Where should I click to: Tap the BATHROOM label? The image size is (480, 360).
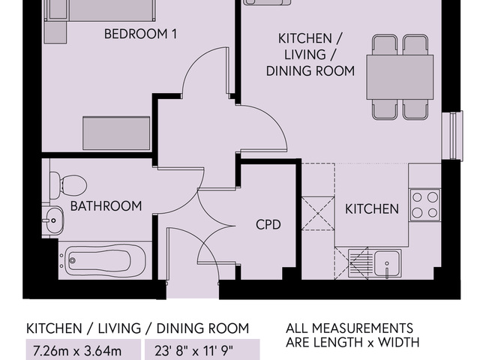coord(106,205)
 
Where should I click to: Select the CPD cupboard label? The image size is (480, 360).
coord(268,224)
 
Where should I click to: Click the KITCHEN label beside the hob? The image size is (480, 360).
coord(371,208)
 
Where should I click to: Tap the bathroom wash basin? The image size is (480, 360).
coord(52,220)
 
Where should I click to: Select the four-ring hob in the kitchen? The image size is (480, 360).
coord(425,205)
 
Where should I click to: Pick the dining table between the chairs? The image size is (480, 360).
coord(400,77)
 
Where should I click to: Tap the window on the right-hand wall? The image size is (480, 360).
coord(452,135)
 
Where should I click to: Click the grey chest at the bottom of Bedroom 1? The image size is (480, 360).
coord(116,133)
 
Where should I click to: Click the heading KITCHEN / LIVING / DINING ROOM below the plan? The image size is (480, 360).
coord(137,328)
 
